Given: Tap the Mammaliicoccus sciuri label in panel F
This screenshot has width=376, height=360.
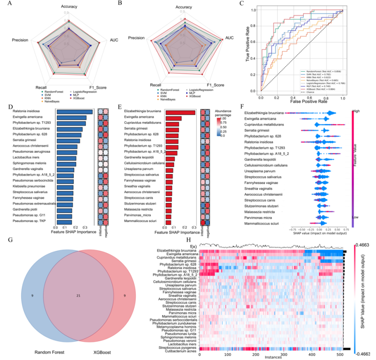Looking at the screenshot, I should pyautogui.click(x=261, y=223).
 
